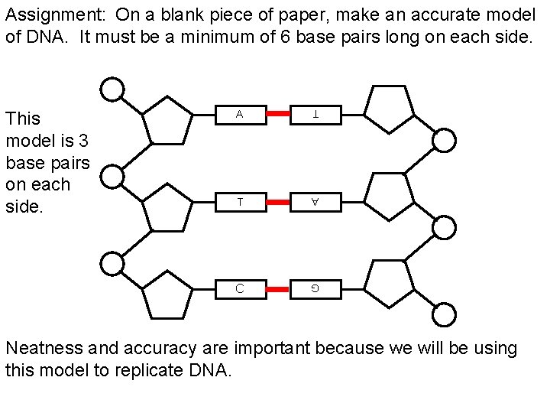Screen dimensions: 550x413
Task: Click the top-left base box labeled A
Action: point(240,114)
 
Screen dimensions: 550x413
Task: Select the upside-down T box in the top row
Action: point(315,114)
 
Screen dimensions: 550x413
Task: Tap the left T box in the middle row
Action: point(240,202)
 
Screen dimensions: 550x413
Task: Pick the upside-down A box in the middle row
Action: point(315,202)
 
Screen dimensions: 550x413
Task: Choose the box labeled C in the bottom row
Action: point(240,288)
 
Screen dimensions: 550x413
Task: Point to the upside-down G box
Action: point(315,288)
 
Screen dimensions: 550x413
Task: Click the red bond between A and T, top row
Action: point(278,114)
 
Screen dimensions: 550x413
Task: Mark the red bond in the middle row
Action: point(278,202)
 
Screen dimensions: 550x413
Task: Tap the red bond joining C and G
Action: point(278,288)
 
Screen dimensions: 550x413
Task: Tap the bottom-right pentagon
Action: point(388,284)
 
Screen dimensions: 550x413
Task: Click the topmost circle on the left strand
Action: point(113,90)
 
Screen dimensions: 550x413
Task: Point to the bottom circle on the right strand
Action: point(445,314)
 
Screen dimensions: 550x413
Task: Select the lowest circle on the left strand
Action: point(113,265)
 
